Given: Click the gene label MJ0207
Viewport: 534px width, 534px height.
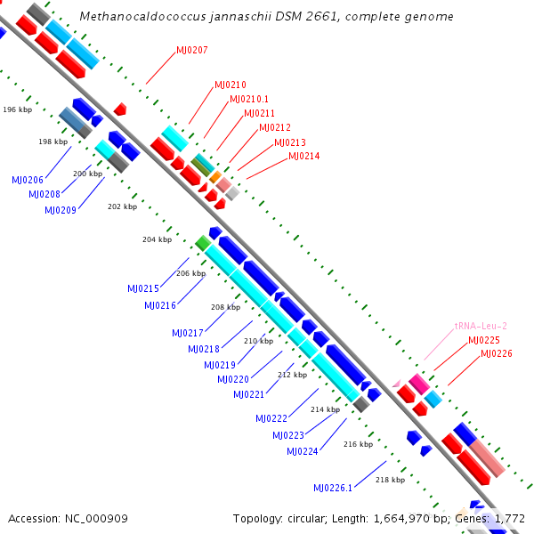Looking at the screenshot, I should [191, 50].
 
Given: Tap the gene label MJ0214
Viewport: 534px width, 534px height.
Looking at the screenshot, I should [303, 156].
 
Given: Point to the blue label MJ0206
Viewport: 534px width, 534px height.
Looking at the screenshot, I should [28, 180].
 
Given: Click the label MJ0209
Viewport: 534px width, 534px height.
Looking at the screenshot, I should [59, 210].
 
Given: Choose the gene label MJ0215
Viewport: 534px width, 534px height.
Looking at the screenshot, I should [143, 288].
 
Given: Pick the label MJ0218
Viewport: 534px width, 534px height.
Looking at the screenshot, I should [204, 349].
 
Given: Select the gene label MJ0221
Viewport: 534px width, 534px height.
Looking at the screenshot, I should [249, 394].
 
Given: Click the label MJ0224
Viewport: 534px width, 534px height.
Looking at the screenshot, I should [303, 451].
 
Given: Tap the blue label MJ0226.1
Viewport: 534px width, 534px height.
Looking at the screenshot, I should [333, 488].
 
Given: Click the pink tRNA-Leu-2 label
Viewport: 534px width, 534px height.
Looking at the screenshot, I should [481, 326].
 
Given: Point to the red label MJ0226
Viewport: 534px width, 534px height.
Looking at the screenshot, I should [496, 353].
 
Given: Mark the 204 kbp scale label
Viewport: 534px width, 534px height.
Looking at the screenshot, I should [156, 239].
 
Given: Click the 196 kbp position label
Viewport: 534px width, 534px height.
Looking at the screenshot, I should [17, 109].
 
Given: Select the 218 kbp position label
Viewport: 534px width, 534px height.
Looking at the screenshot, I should [390, 480].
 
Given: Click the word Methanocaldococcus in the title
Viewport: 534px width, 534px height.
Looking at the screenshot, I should [134, 16].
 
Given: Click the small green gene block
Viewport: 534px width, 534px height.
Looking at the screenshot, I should [203, 242].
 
